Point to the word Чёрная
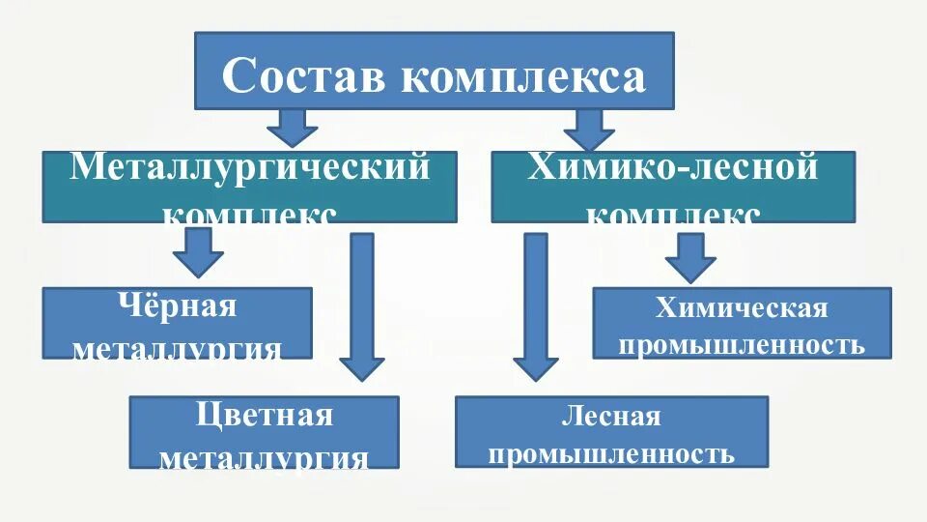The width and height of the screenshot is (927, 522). pyautogui.click(x=178, y=307)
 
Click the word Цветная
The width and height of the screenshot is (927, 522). pyautogui.click(x=264, y=417)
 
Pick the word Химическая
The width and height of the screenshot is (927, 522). pyautogui.click(x=742, y=308)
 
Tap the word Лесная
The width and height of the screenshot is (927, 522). pyautogui.click(x=611, y=418)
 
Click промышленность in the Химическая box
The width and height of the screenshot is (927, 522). pyautogui.click(x=742, y=344)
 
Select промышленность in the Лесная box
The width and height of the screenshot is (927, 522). pyautogui.click(x=611, y=453)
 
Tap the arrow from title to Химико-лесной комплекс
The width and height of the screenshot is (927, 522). pyautogui.click(x=588, y=128)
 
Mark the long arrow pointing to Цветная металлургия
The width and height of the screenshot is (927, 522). pyautogui.click(x=362, y=305)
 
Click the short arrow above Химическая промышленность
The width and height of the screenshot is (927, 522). pyautogui.click(x=690, y=255)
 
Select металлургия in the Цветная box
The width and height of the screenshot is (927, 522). pyautogui.click(x=264, y=456)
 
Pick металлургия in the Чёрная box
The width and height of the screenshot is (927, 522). pyautogui.click(x=178, y=348)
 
